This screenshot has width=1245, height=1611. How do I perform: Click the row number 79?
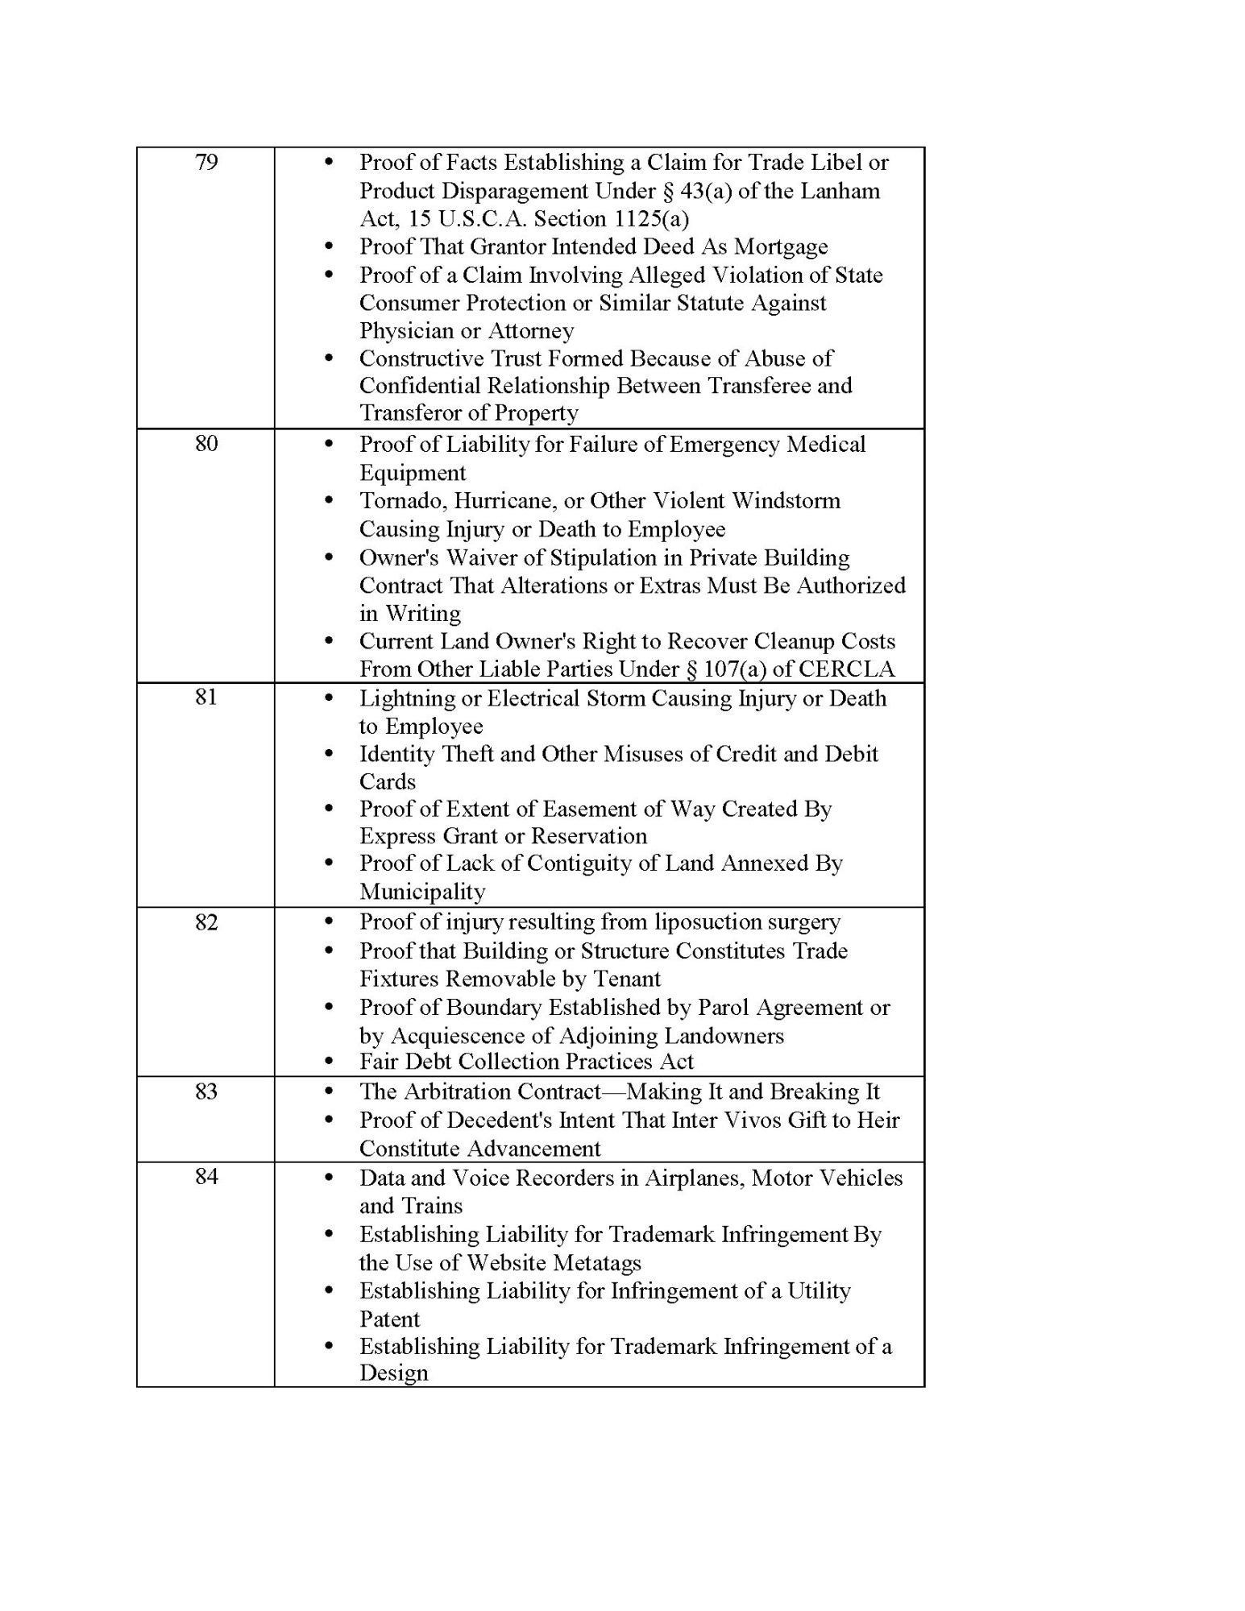(206, 163)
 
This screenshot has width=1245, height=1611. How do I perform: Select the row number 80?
(206, 444)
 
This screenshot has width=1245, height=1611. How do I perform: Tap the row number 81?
(206, 697)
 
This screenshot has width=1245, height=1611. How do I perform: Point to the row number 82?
(206, 921)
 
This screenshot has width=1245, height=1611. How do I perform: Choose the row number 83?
(206, 1091)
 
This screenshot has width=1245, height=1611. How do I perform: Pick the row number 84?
(206, 1177)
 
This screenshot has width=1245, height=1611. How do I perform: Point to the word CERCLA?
(857, 669)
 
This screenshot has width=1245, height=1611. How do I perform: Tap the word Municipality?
(422, 892)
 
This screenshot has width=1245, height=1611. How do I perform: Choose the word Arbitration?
(471, 1091)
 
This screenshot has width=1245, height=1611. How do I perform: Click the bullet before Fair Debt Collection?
(328, 1062)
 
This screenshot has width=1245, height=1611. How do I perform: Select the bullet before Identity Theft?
(328, 754)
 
